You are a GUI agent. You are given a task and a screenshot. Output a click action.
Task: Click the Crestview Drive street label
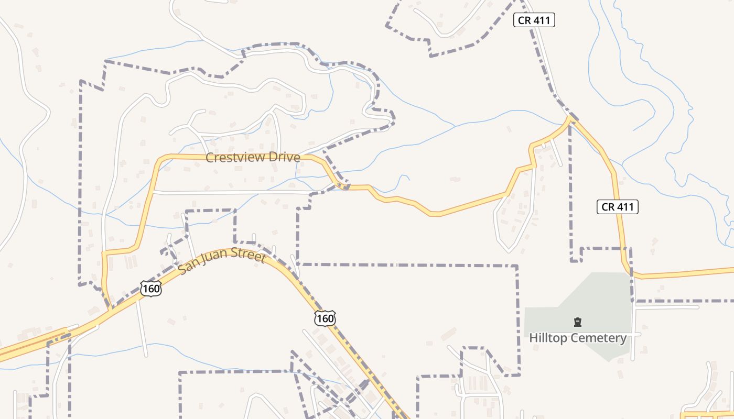253,157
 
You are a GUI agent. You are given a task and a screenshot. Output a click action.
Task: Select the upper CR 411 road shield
533,20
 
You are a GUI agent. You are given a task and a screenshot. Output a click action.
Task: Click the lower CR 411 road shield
617,206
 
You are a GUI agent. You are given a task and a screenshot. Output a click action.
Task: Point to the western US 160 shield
150,289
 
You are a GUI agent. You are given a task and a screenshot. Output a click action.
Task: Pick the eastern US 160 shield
325,318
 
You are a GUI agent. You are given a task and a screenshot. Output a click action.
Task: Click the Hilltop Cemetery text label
577,338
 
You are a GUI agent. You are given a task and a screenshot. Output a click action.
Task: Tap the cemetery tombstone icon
577,322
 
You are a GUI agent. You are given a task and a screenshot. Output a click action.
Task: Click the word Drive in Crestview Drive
284,157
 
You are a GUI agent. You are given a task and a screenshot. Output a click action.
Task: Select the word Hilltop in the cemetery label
548,338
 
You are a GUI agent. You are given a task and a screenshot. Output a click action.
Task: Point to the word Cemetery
598,338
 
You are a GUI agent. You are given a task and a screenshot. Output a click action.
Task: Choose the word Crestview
237,157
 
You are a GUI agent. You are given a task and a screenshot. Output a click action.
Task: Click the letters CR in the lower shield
608,206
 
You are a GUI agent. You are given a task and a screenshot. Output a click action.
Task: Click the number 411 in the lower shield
625,206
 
